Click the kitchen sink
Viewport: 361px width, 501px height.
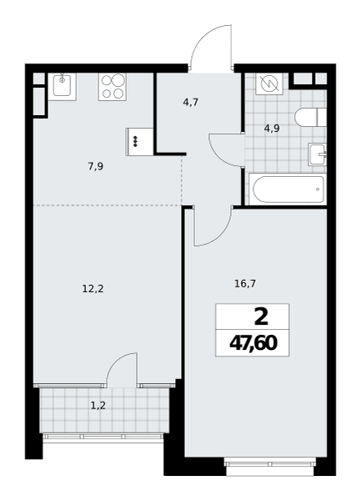(62, 87)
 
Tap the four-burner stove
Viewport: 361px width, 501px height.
(113, 87)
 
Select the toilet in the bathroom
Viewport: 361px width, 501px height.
(311, 117)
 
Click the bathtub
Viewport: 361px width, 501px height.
(288, 189)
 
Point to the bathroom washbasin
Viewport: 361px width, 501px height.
(318, 154)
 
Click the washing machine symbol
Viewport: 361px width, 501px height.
(269, 83)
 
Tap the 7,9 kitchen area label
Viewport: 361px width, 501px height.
(96, 166)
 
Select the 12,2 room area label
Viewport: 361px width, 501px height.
(93, 289)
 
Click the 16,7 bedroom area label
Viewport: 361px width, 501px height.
(245, 284)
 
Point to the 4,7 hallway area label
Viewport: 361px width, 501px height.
(191, 102)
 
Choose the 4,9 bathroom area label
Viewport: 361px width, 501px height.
(272, 129)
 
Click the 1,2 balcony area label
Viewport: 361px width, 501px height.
(98, 406)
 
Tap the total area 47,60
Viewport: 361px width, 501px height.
(253, 343)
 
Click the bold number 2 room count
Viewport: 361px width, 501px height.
(261, 317)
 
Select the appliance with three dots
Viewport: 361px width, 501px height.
(140, 142)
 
